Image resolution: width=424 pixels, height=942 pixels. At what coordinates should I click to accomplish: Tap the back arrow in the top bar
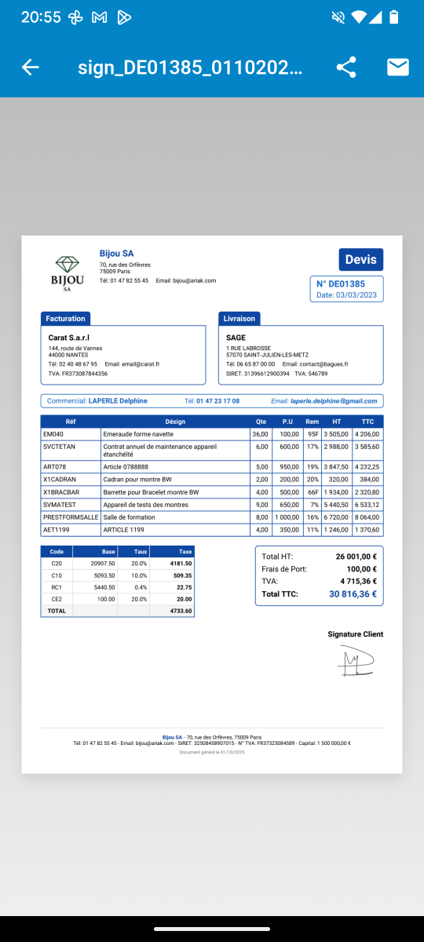31,68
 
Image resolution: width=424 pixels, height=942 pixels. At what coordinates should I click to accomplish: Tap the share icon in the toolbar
346,68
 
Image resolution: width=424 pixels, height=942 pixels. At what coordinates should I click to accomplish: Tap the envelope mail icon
398,68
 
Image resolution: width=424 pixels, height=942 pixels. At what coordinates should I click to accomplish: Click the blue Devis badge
361,260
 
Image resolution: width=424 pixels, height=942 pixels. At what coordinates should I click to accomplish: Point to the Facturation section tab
65,319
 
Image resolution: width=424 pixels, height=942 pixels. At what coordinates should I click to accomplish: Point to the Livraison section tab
239,319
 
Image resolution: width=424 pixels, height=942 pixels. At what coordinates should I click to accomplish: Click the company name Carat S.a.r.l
69,338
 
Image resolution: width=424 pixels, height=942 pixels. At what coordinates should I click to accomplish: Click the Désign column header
176,422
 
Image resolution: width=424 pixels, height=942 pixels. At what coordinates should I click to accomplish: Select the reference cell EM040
53,434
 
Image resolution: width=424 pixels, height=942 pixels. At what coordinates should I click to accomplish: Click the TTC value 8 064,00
367,517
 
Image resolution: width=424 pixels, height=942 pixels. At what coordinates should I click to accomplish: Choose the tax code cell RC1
57,586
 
